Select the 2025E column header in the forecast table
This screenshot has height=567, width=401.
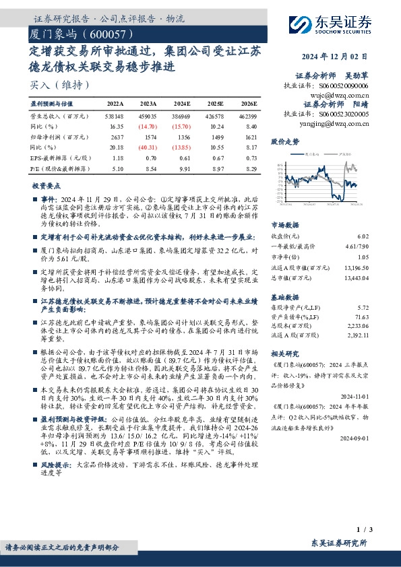[x=215, y=104]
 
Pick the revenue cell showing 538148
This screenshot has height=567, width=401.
[x=115, y=116]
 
